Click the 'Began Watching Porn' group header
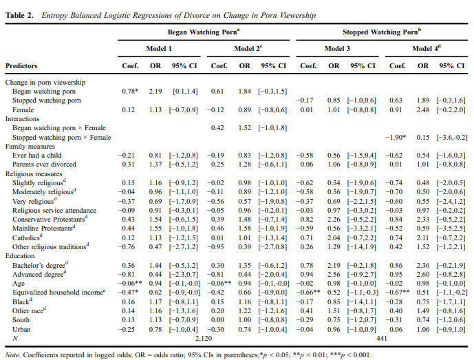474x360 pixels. [204, 32]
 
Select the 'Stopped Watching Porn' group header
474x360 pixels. [382, 32]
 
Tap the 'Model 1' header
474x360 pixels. [159, 48]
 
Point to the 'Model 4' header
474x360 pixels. [427, 48]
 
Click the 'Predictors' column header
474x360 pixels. [21, 65]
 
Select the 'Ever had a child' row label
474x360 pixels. [37, 155]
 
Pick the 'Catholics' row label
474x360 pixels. [28, 237]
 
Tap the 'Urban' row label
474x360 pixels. [21, 329]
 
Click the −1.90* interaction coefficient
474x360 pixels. [396, 138]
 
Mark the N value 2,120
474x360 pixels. [204, 338]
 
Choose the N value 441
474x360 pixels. [382, 338]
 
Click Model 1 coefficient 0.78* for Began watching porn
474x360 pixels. [130, 91]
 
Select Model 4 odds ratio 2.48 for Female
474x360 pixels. [423, 110]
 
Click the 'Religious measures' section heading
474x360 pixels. [34, 173]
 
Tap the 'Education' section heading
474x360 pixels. [20, 255]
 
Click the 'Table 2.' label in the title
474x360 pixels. [19, 15]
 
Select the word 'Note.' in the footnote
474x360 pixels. [12, 355]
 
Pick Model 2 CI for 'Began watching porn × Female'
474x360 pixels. [272, 127]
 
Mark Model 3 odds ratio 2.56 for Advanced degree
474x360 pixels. [334, 274]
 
